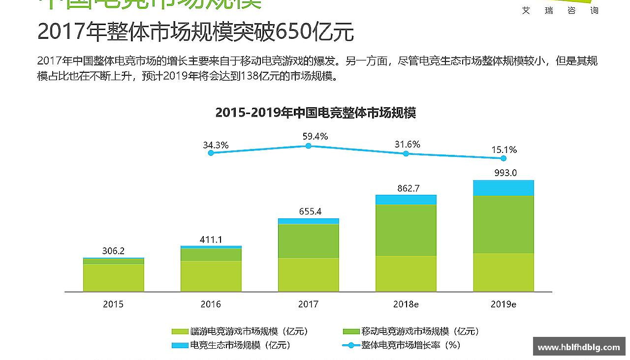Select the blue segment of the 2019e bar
pyautogui.click(x=504, y=188)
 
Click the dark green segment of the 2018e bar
pyautogui.click(x=406, y=230)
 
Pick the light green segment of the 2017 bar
pyautogui.click(x=309, y=274)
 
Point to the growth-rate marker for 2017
pyautogui.click(x=308, y=146)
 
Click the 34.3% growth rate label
pyautogui.click(x=216, y=145)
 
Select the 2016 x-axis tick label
pyautogui.click(x=211, y=304)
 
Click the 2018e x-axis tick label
pyautogui.click(x=406, y=304)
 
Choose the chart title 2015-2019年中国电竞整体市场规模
pyautogui.click(x=315, y=113)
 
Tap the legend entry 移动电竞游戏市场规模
pyautogui.click(x=420, y=331)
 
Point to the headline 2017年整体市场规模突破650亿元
pyautogui.click(x=195, y=32)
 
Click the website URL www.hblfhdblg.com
pyautogui.click(x=579, y=347)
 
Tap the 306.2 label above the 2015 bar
pyautogui.click(x=113, y=251)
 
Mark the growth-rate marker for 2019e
pyautogui.click(x=503, y=158)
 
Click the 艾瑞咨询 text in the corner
pyautogui.click(x=560, y=10)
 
